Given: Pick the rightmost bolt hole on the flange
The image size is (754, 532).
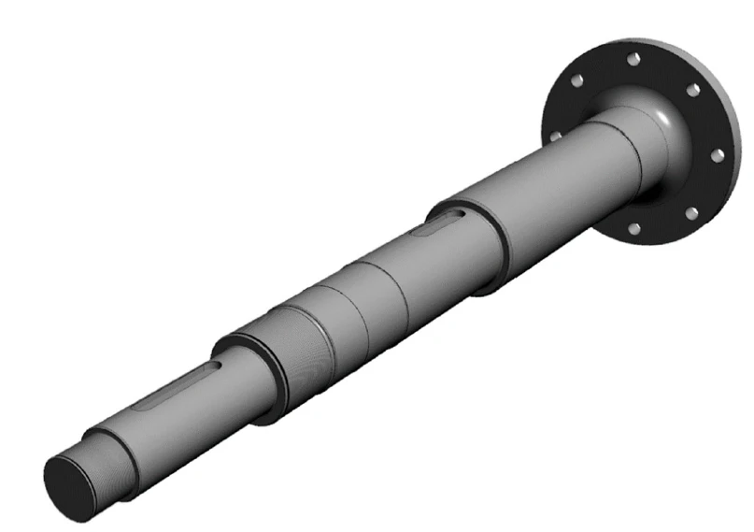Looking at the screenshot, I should [718, 155].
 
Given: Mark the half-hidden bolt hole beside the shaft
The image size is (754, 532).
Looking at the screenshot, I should [557, 136].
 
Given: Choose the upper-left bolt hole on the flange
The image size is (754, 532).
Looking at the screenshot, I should [579, 81].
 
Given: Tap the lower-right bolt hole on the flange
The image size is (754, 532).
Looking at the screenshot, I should [691, 214].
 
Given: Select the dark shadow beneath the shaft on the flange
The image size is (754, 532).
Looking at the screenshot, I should [654, 201].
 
